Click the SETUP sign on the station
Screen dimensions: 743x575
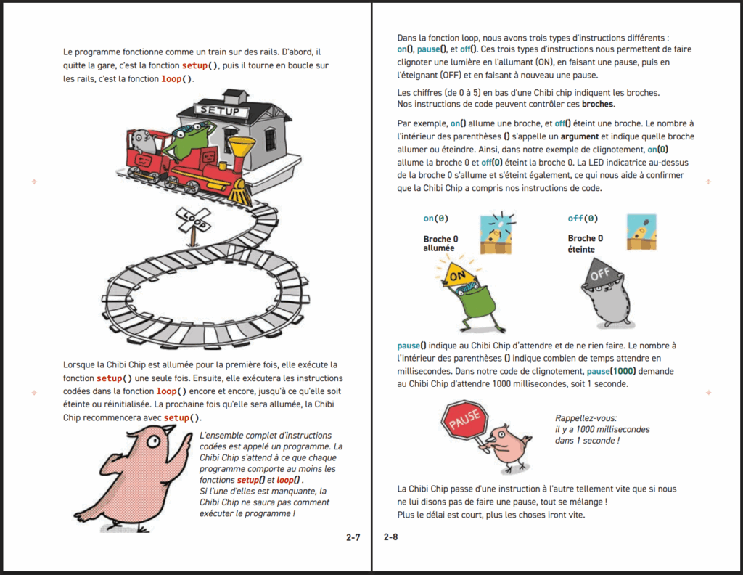click(221, 110)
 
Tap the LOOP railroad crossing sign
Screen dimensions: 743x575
click(193, 220)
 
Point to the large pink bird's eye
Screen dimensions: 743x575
click(152, 442)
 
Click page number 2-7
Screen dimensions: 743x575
click(353, 537)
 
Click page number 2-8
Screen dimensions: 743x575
click(391, 537)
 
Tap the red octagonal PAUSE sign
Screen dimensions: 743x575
click(464, 419)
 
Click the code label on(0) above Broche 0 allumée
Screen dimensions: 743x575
click(435, 219)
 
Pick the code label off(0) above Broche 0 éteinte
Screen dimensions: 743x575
click(583, 219)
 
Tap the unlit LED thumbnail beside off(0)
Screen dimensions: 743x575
click(642, 232)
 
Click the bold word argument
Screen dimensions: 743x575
click(580, 136)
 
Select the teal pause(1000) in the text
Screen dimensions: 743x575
click(611, 371)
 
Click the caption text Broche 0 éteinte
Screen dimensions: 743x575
click(586, 244)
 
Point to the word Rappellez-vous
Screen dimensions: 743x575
click(586, 419)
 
